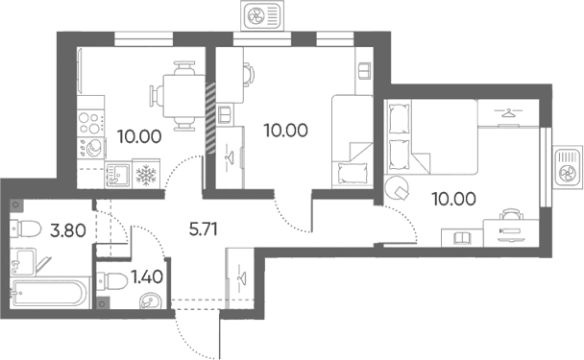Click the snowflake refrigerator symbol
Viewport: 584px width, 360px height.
[146, 175]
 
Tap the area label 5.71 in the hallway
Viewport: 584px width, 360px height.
[203, 229]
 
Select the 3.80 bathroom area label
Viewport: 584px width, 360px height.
[68, 230]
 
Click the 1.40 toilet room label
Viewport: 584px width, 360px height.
[147, 276]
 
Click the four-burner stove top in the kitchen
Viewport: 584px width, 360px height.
[90, 122]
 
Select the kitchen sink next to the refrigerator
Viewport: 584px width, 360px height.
[118, 175]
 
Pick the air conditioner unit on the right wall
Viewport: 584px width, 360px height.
[568, 167]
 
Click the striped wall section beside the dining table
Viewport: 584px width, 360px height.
[210, 118]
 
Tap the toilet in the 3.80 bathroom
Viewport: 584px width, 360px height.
[25, 228]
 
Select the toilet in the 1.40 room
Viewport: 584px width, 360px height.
[112, 282]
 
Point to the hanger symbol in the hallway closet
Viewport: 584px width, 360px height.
[241, 277]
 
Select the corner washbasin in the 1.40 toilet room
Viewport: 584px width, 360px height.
[151, 300]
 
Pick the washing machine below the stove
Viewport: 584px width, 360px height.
[90, 149]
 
